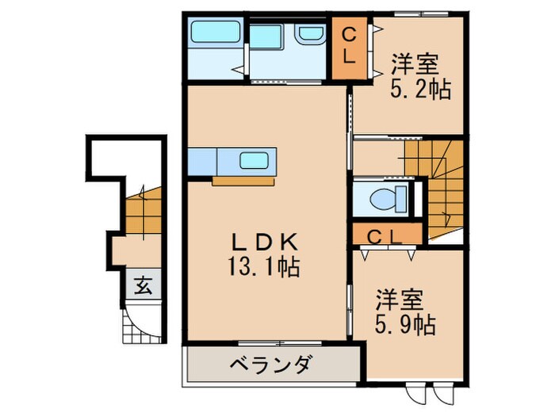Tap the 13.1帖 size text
pos(265,268)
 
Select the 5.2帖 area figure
pos(420,89)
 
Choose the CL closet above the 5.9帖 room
pos(385,235)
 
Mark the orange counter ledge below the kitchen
pos(243,180)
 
